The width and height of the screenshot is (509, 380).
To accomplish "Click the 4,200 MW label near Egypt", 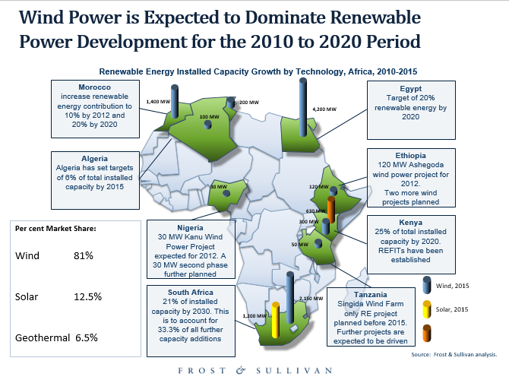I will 324,109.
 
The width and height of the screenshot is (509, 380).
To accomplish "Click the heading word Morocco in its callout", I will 96,87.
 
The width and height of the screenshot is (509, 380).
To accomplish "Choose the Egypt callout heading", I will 411,88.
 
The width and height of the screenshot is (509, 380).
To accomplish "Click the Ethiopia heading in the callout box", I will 411,155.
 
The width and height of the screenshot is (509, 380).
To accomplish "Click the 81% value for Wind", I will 84,256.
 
